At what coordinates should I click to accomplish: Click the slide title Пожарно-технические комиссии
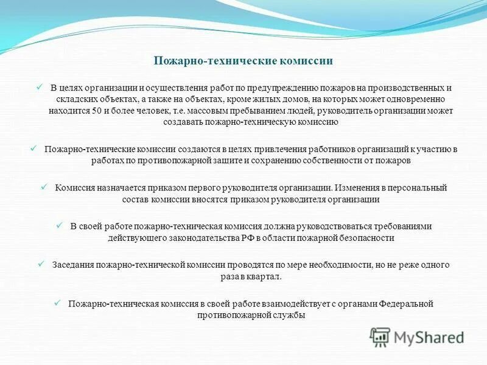click(243, 61)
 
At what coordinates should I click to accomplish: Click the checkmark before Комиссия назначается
click(43, 187)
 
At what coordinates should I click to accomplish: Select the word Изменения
click(354, 187)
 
